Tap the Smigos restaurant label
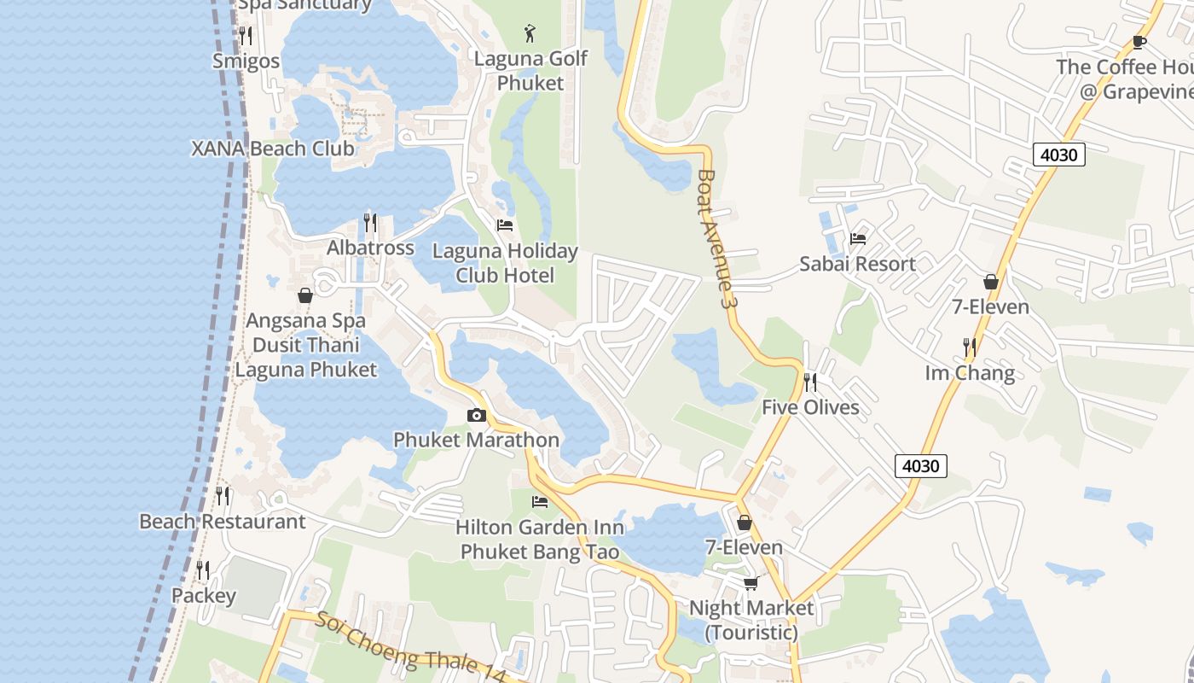246,61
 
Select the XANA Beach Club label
272,149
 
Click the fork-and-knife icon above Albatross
370,223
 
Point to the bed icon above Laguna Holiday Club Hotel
505,226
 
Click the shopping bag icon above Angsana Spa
305,296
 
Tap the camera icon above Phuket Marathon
477,416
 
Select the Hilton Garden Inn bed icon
540,502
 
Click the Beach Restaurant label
222,522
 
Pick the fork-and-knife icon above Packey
203,569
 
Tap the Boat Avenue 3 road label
715,239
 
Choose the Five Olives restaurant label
810,407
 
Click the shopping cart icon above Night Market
751,583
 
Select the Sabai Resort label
857,264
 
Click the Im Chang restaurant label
970,373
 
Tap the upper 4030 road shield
1058,155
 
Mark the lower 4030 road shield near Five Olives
921,466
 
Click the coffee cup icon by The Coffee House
1139,42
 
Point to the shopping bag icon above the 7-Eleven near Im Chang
991,282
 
